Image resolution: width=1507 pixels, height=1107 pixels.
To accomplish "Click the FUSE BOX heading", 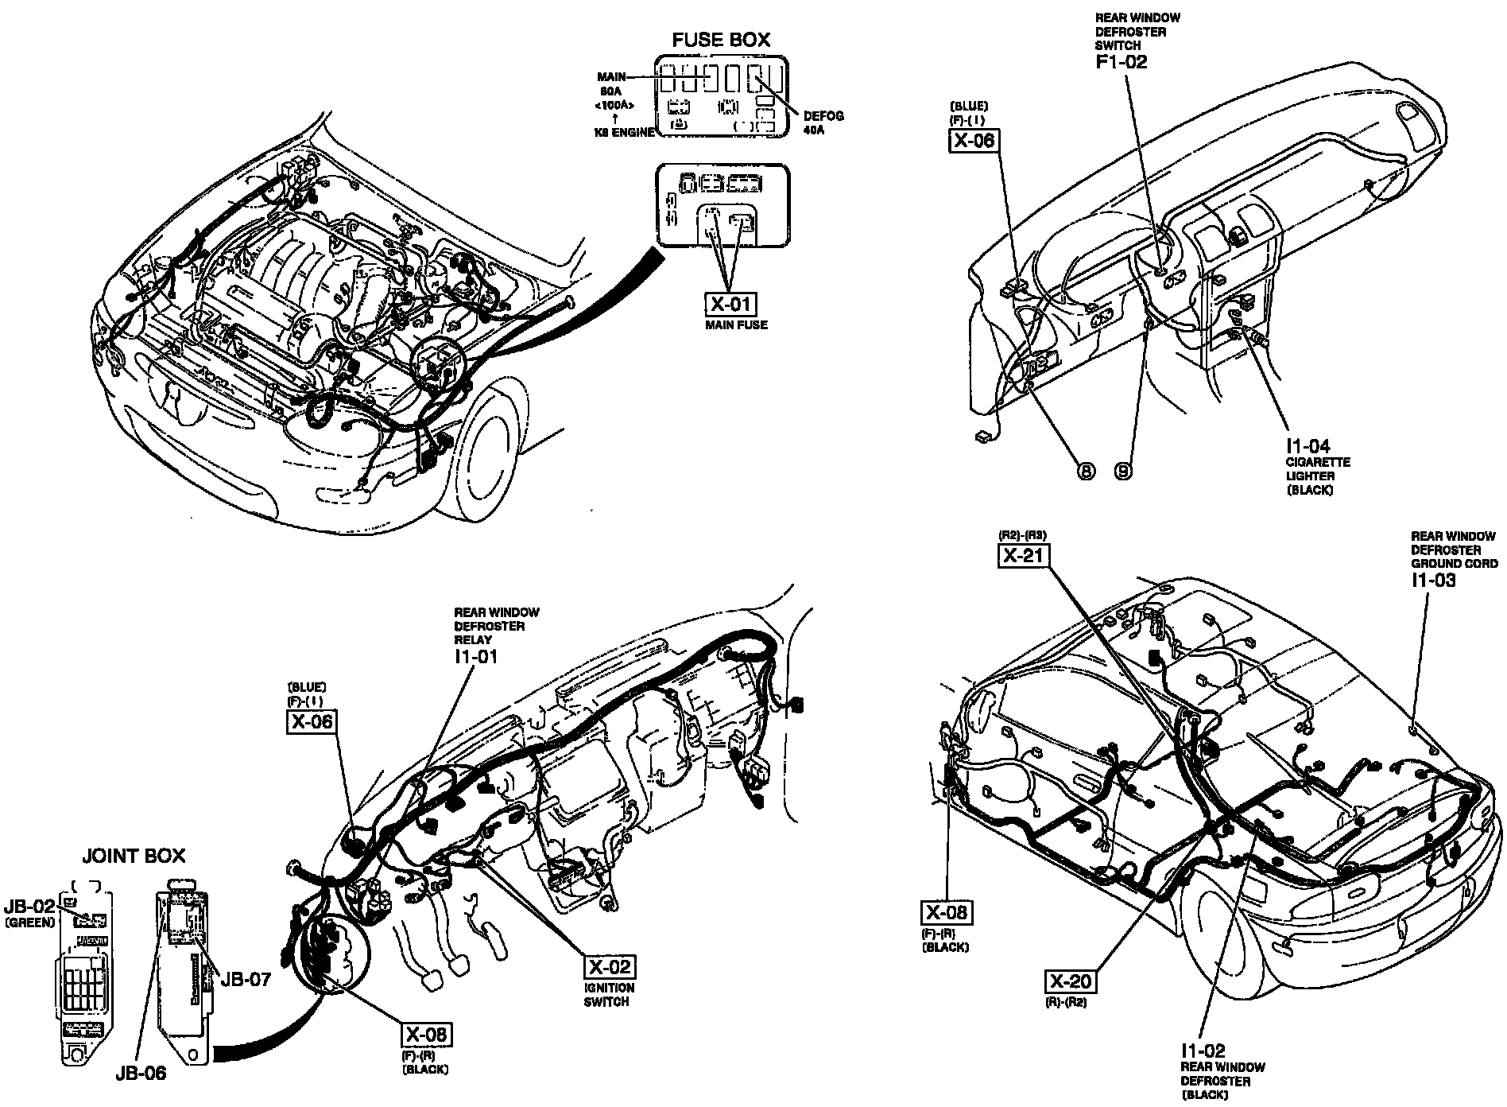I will click(x=721, y=40).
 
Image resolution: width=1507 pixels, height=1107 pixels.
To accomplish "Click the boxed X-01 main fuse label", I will click(x=730, y=304).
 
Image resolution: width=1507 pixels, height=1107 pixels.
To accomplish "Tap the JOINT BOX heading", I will click(x=134, y=856).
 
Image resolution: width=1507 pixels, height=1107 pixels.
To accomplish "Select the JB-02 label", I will click(x=29, y=907).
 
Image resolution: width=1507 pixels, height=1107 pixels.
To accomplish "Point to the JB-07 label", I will click(x=246, y=979).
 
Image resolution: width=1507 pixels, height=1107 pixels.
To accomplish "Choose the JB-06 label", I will click(x=139, y=1074).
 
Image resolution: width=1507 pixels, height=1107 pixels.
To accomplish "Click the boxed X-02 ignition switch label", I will click(x=610, y=967).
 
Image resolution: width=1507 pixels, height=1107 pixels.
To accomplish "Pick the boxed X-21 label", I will click(x=1022, y=554).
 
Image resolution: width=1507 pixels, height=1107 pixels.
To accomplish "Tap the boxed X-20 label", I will click(x=1069, y=981).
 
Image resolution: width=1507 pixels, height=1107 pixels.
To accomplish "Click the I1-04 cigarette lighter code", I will click(x=1307, y=446).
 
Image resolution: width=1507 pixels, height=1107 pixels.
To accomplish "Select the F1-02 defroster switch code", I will click(x=1122, y=61).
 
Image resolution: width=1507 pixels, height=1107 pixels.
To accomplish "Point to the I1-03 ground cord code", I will click(x=1433, y=580).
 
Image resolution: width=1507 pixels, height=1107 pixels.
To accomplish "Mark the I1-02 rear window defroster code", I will click(x=1203, y=1051).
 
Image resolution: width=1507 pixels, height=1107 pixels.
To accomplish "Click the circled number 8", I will click(x=1086, y=472).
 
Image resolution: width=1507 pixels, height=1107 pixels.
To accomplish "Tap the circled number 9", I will click(x=1123, y=472).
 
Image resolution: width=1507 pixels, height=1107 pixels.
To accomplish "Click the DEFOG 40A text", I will click(x=823, y=122).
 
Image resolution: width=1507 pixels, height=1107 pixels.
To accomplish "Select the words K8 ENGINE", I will click(x=625, y=133).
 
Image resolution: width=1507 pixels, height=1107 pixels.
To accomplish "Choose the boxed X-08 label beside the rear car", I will click(x=945, y=912).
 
